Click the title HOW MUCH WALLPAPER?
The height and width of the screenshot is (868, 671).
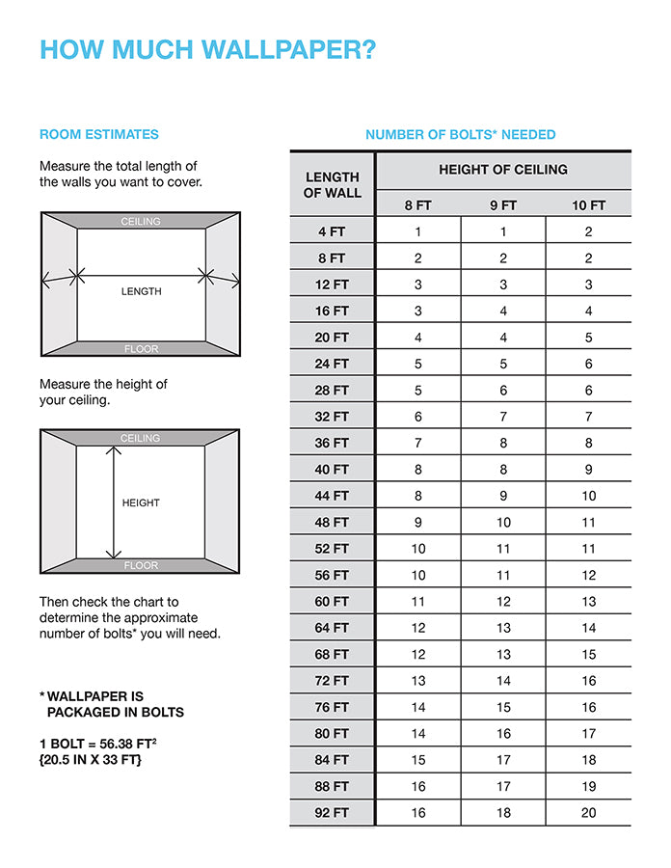pyautogui.click(x=207, y=50)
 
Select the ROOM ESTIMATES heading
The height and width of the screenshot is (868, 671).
pyautogui.click(x=99, y=134)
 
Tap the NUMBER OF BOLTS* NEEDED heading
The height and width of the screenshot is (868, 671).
pyautogui.click(x=460, y=134)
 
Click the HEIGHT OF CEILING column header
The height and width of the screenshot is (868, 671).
pyautogui.click(x=503, y=170)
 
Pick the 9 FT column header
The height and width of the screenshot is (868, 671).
pyautogui.click(x=503, y=205)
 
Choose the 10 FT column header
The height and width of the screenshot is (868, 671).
pyautogui.click(x=588, y=205)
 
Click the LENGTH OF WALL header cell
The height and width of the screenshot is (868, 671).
pyautogui.click(x=333, y=185)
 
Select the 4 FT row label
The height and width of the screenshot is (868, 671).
pyautogui.click(x=333, y=231)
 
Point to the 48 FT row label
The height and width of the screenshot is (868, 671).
pyautogui.click(x=333, y=522)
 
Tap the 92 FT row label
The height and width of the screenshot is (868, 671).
pyautogui.click(x=333, y=813)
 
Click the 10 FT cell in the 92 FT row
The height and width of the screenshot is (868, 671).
pyautogui.click(x=588, y=813)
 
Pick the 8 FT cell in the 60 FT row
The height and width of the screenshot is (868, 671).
pyautogui.click(x=418, y=601)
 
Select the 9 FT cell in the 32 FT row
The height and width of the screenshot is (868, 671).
pyautogui.click(x=503, y=417)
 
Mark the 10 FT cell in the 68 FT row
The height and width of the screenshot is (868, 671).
pyautogui.click(x=588, y=654)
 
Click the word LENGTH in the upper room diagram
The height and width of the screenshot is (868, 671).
pyautogui.click(x=141, y=291)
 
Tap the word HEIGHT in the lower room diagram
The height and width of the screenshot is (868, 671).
pyautogui.click(x=141, y=502)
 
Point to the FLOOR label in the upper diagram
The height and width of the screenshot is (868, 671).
pyautogui.click(x=141, y=348)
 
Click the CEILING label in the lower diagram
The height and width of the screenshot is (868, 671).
pyautogui.click(x=141, y=438)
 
